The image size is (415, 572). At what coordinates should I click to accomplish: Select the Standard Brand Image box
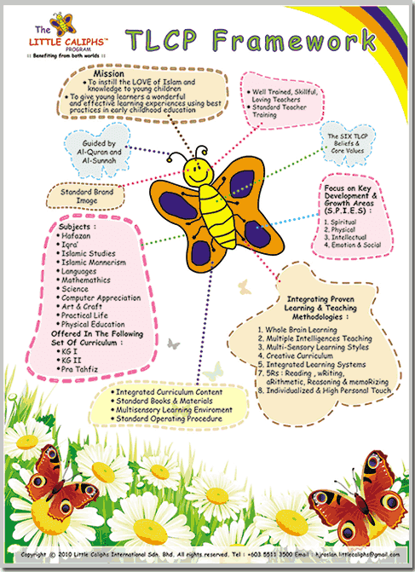pyautogui.click(x=90, y=197)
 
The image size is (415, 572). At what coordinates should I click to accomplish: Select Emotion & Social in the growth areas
pyautogui.click(x=357, y=246)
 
